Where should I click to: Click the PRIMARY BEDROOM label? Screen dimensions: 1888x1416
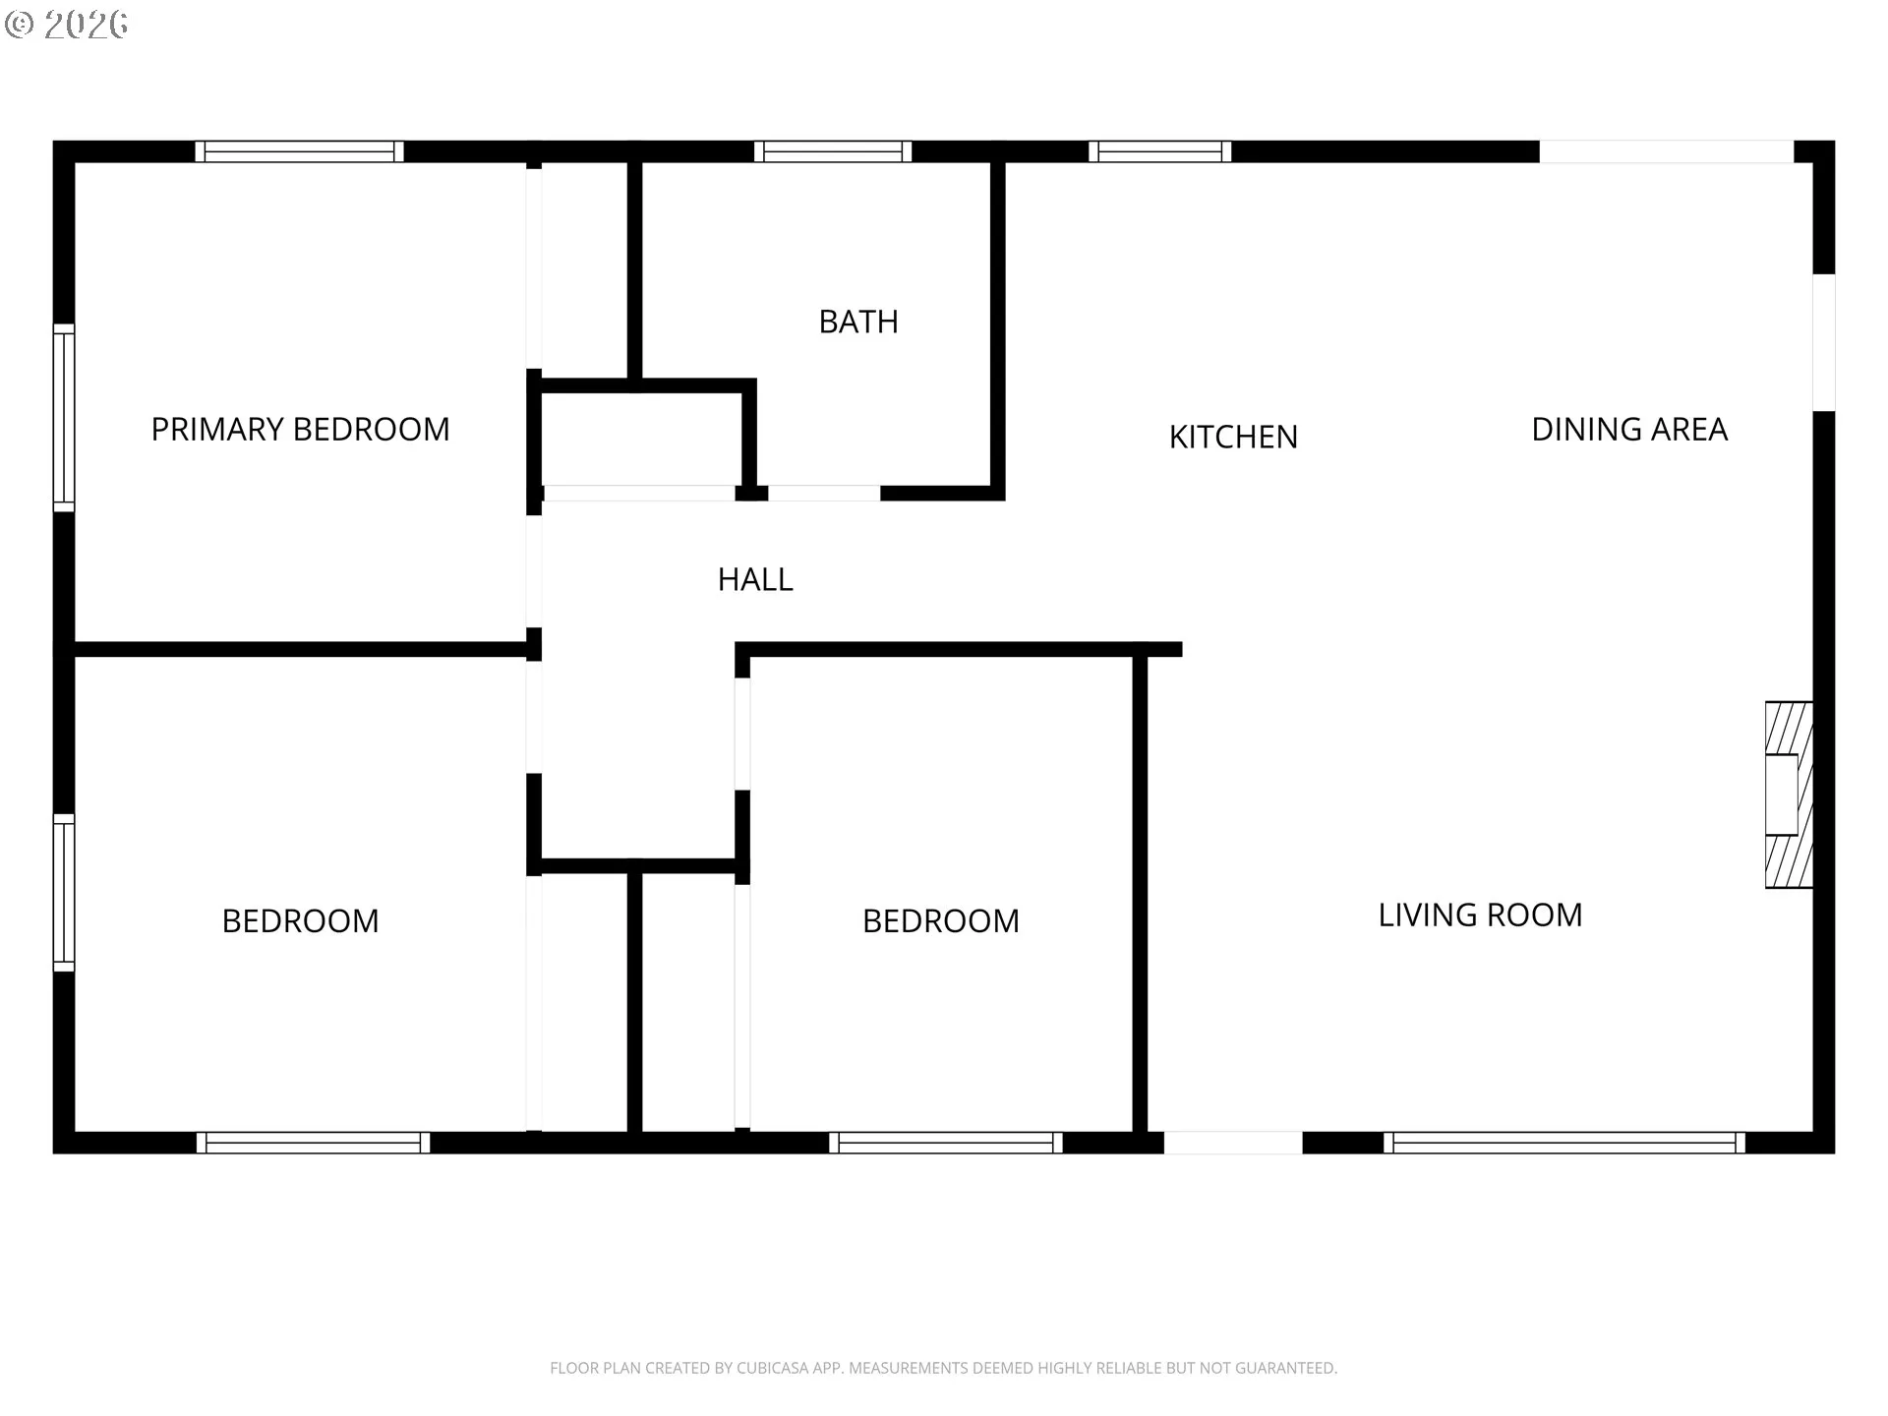[300, 429]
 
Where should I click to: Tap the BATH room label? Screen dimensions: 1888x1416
[858, 322]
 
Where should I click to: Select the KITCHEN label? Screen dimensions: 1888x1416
[1233, 437]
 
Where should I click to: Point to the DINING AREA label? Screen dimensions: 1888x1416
[1629, 429]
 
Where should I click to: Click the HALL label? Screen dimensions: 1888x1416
[755, 579]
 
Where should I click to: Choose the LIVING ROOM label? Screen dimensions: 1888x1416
[1480, 914]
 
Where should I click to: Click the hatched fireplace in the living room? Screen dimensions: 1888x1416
[1789, 795]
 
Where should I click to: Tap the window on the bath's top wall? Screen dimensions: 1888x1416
[833, 151]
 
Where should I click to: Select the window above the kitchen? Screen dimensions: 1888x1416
[1159, 151]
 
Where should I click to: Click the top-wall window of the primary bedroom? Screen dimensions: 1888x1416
[299, 151]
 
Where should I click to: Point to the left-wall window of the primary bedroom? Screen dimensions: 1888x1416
[64, 418]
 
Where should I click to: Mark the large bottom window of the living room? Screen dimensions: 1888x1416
[1564, 1143]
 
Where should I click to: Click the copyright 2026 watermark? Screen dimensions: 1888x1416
[67, 24]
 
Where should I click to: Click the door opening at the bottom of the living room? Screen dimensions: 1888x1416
[1233, 1143]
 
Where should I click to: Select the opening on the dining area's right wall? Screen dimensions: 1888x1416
[1824, 342]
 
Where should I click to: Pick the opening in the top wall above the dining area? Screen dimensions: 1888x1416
[1667, 151]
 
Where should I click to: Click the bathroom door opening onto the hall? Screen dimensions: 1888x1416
[824, 493]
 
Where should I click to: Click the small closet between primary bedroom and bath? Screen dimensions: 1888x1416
[640, 439]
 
